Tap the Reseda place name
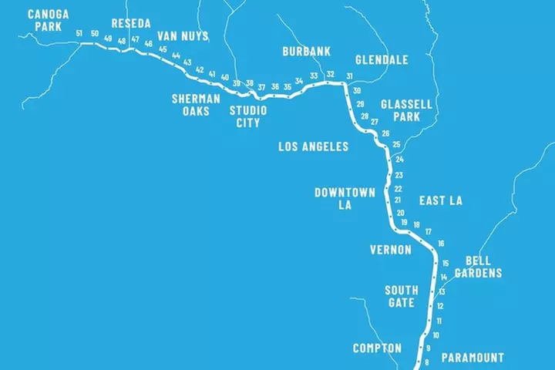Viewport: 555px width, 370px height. coord(131,23)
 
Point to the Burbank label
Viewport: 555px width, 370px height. coord(306,52)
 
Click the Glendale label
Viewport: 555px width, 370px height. coord(382,59)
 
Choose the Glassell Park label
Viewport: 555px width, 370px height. coord(406,110)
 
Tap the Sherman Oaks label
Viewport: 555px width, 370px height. coord(196,105)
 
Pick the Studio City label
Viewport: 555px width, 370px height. coord(248,116)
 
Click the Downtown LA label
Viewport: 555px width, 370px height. coord(345,198)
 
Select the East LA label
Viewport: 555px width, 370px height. coord(440,200)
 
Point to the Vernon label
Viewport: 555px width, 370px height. coord(391,250)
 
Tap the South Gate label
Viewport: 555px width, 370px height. coord(402,296)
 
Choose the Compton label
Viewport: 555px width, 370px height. coord(377,348)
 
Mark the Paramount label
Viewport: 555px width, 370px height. coord(473,358)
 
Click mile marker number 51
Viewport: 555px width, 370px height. coord(79,33)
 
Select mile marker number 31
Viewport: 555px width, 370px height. coord(349,76)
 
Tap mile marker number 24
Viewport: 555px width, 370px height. coord(399,160)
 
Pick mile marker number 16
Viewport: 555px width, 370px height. coord(441,244)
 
